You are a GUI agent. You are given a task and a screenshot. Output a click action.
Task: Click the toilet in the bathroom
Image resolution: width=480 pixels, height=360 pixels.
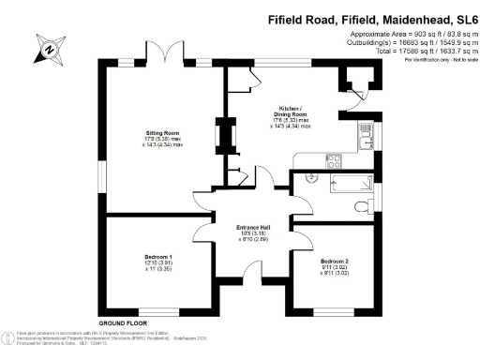pyautogui.click(x=363, y=204)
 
